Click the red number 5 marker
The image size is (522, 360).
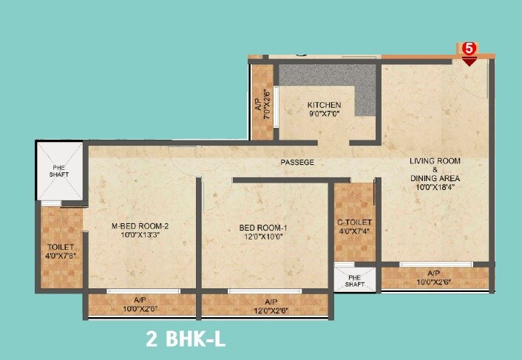[470, 49]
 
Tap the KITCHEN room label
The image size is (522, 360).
[303, 105]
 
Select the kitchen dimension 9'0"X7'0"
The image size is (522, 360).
[304, 115]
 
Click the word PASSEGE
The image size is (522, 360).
[297, 162]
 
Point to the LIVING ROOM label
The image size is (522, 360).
[435, 161]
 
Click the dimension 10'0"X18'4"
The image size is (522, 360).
[435, 188]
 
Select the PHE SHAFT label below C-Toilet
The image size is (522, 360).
[356, 280]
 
